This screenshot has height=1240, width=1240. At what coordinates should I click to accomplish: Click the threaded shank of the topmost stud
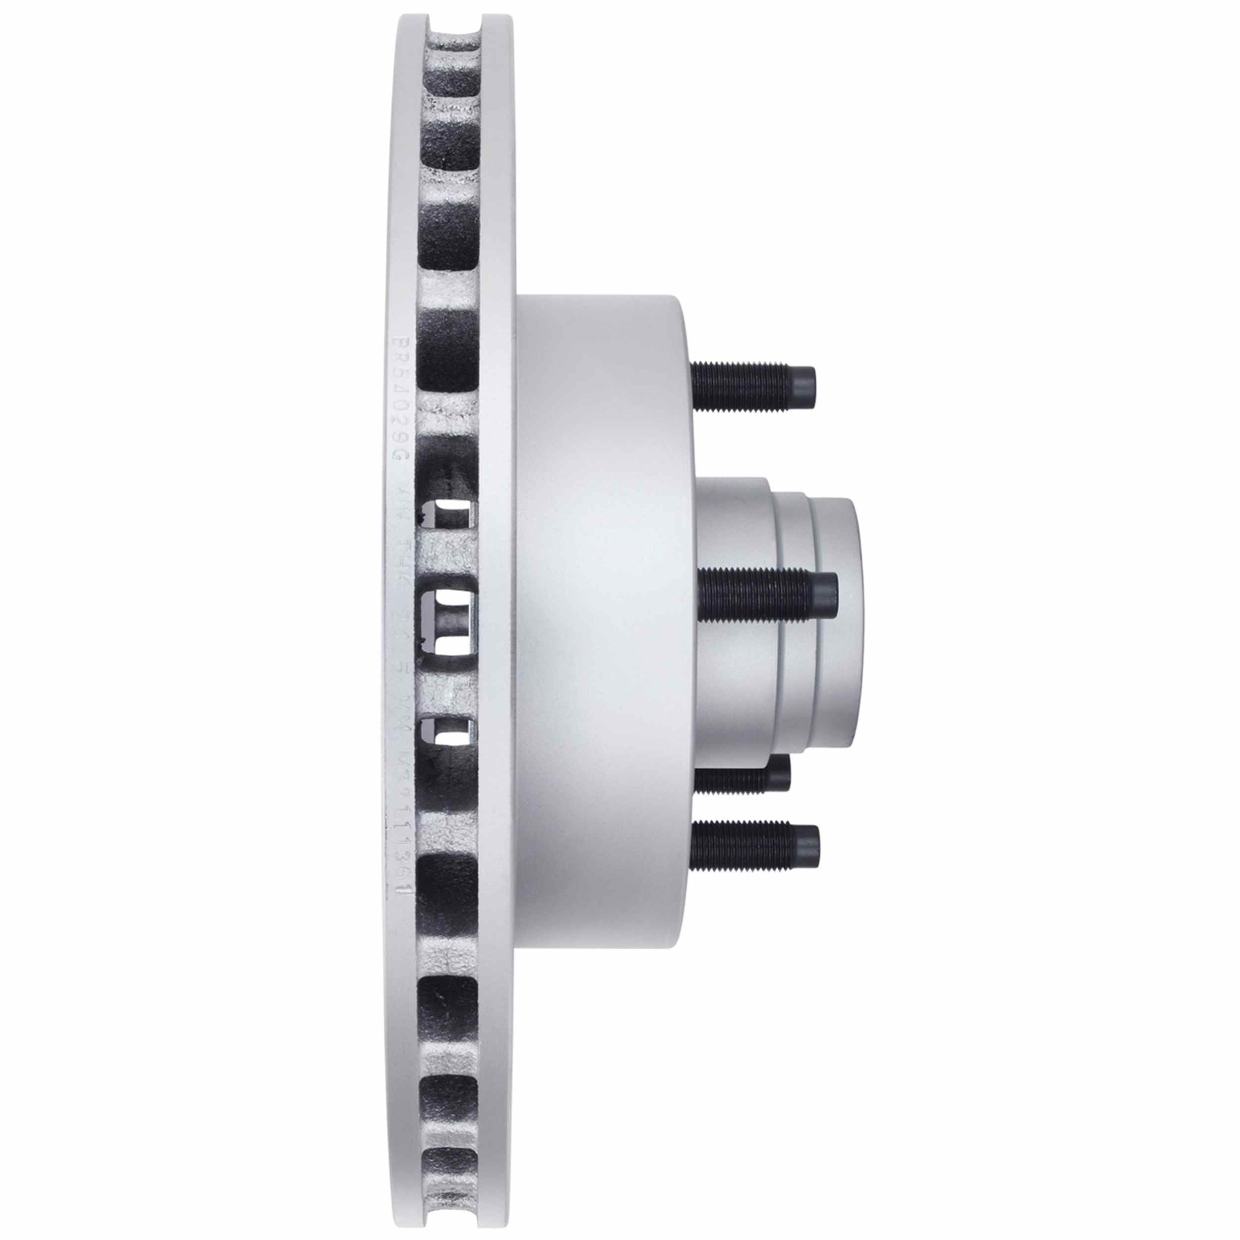[738, 386]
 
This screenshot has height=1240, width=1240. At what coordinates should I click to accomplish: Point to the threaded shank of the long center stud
[751, 596]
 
